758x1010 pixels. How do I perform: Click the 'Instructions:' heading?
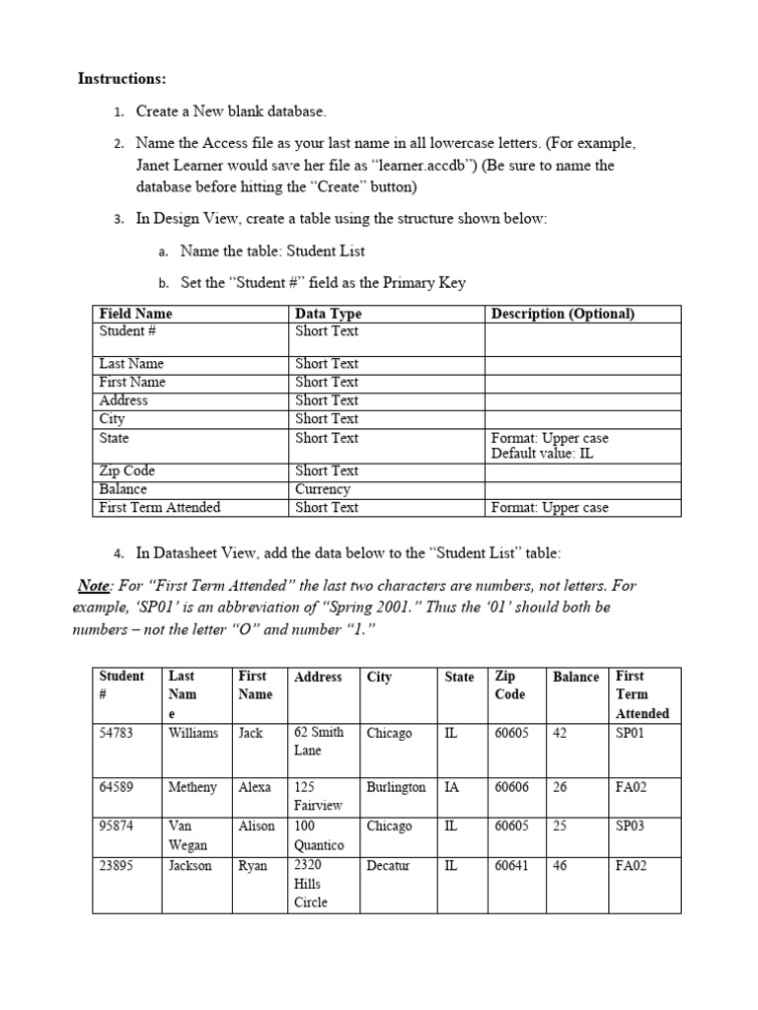(x=122, y=79)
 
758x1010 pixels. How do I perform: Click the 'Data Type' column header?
(x=329, y=314)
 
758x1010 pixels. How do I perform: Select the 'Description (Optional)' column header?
(x=563, y=314)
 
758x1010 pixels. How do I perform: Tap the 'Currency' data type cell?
(x=323, y=489)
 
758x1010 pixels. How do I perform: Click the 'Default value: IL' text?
(x=542, y=454)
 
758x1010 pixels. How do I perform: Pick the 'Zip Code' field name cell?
(x=127, y=470)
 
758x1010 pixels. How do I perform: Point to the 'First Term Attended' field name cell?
(x=160, y=508)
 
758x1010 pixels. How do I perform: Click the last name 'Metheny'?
(x=192, y=788)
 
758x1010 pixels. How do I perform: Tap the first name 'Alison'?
(x=257, y=827)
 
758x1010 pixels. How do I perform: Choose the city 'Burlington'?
(x=396, y=788)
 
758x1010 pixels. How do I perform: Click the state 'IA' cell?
(x=452, y=788)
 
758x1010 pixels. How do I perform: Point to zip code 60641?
(x=512, y=866)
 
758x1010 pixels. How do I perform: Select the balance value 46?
(x=560, y=866)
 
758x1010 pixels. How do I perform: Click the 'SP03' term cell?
(x=630, y=827)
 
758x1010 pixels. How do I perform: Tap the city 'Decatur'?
(x=388, y=866)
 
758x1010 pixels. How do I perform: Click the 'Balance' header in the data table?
(x=575, y=677)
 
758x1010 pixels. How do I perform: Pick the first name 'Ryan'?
(x=253, y=866)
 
